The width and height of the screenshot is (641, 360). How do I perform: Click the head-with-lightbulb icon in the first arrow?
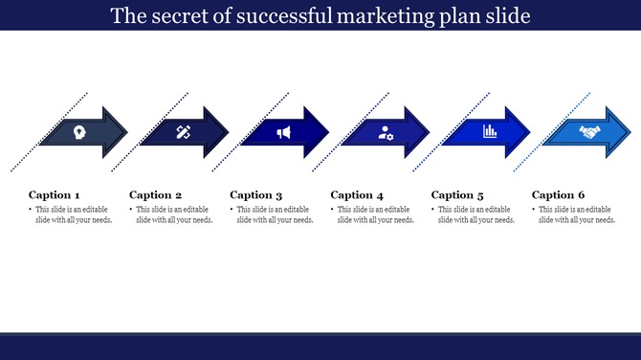coord(78,132)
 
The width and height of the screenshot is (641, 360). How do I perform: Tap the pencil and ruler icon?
coord(183,132)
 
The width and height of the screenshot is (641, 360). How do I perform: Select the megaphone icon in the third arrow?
coord(284,132)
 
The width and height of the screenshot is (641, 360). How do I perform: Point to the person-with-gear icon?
coord(386,132)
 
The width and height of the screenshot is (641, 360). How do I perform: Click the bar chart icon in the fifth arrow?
coord(488,131)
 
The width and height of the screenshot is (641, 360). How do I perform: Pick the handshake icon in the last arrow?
coord(589,132)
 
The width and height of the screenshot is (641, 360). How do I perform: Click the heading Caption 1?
coord(55,194)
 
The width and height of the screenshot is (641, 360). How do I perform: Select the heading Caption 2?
coord(155,194)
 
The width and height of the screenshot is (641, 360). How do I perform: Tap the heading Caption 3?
coord(256,194)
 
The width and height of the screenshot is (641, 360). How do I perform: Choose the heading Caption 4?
coord(357,194)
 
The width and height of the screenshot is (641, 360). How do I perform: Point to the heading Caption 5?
coord(458,194)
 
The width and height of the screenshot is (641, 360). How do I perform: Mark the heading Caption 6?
coord(559,194)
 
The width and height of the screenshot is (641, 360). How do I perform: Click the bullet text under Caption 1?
coord(73,214)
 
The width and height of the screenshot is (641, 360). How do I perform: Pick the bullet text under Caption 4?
coord(375,214)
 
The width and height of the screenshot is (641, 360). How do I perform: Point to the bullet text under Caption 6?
coord(577,214)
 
